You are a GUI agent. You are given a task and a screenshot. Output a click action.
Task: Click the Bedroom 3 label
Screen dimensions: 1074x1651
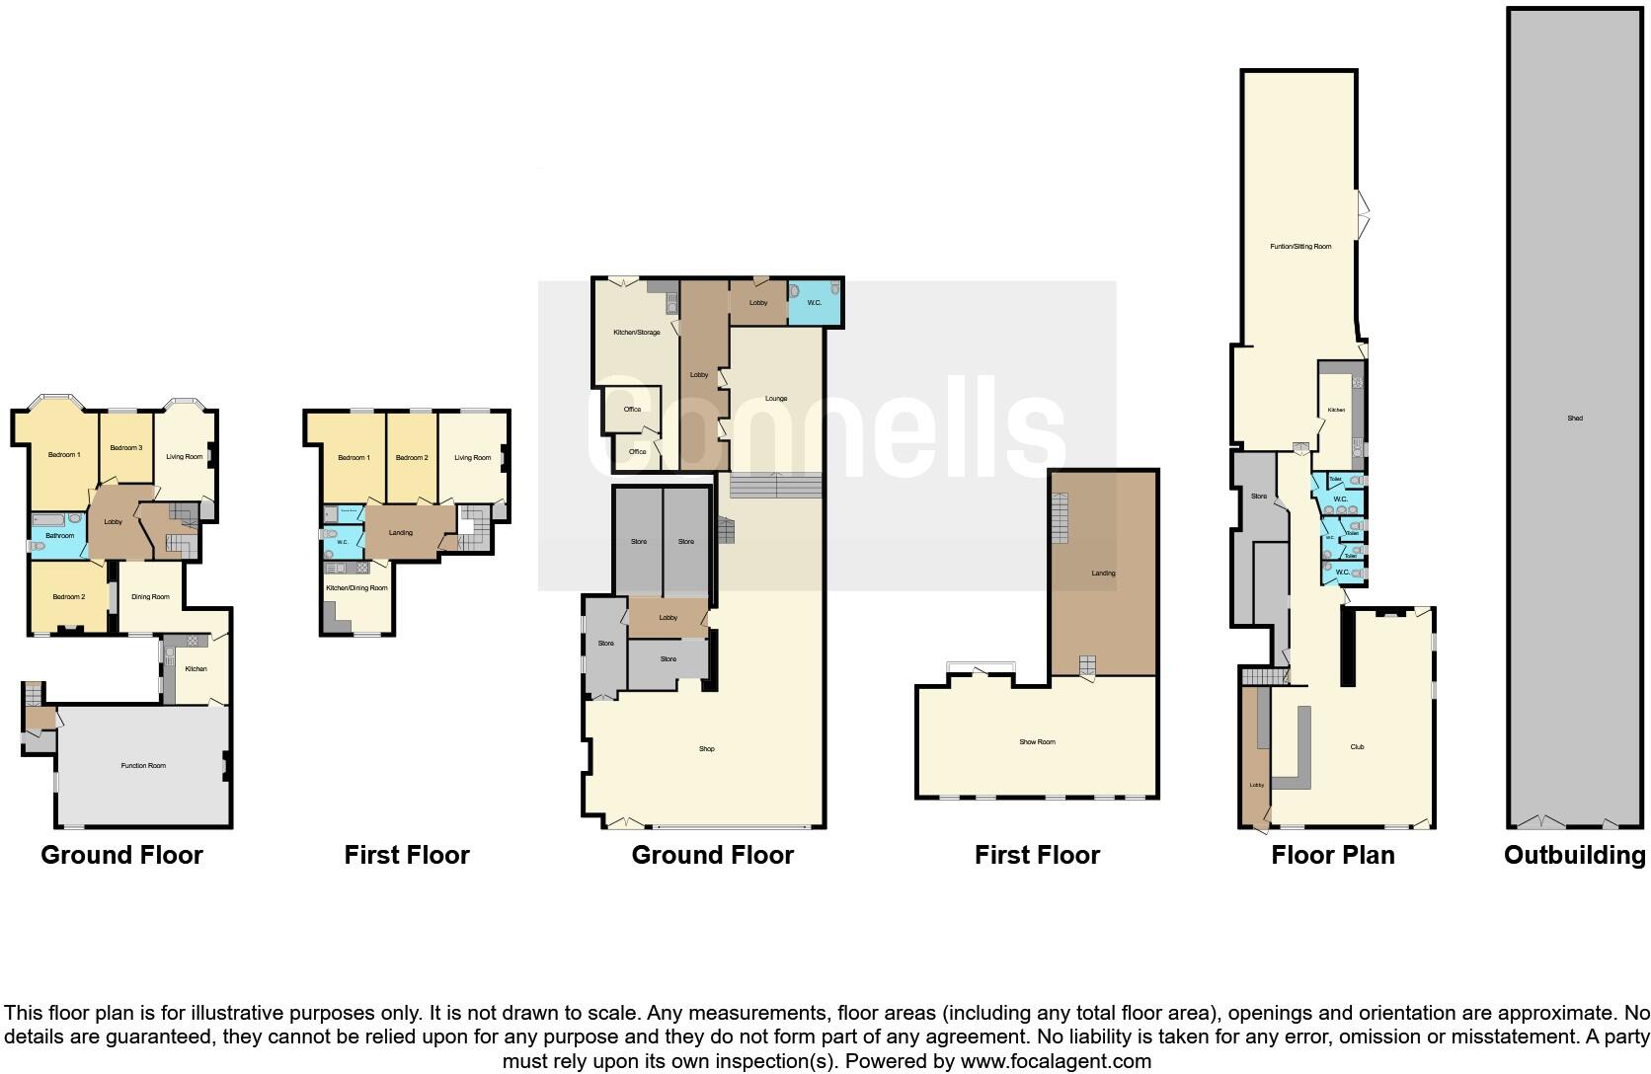pos(126,448)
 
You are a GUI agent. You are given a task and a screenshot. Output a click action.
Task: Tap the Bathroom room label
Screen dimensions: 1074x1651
pos(59,536)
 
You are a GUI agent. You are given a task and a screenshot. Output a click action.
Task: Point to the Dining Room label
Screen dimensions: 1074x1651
pos(150,597)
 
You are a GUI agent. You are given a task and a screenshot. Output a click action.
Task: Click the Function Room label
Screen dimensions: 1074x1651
pos(143,765)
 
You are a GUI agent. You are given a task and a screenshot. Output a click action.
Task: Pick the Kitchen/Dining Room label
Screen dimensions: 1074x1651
pos(356,588)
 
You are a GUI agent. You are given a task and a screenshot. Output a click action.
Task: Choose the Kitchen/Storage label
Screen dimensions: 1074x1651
pos(636,333)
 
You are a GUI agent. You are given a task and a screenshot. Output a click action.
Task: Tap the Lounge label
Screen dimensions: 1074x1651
pos(776,399)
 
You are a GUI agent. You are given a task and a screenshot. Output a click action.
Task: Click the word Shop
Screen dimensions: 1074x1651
pos(707,749)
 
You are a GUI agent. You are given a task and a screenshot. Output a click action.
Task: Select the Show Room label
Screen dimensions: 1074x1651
pos(1037,742)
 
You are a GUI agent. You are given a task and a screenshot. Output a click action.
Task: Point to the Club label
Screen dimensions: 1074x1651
pos(1357,747)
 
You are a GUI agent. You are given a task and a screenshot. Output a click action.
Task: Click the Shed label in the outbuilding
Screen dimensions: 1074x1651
pos(1575,419)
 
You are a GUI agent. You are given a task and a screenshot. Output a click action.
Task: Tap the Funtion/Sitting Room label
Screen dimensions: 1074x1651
pos(1300,247)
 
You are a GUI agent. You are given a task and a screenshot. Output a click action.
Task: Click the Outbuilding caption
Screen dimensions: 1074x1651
pos(1574,855)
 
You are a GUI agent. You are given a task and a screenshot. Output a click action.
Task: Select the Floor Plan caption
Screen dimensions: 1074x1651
pos(1333,855)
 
